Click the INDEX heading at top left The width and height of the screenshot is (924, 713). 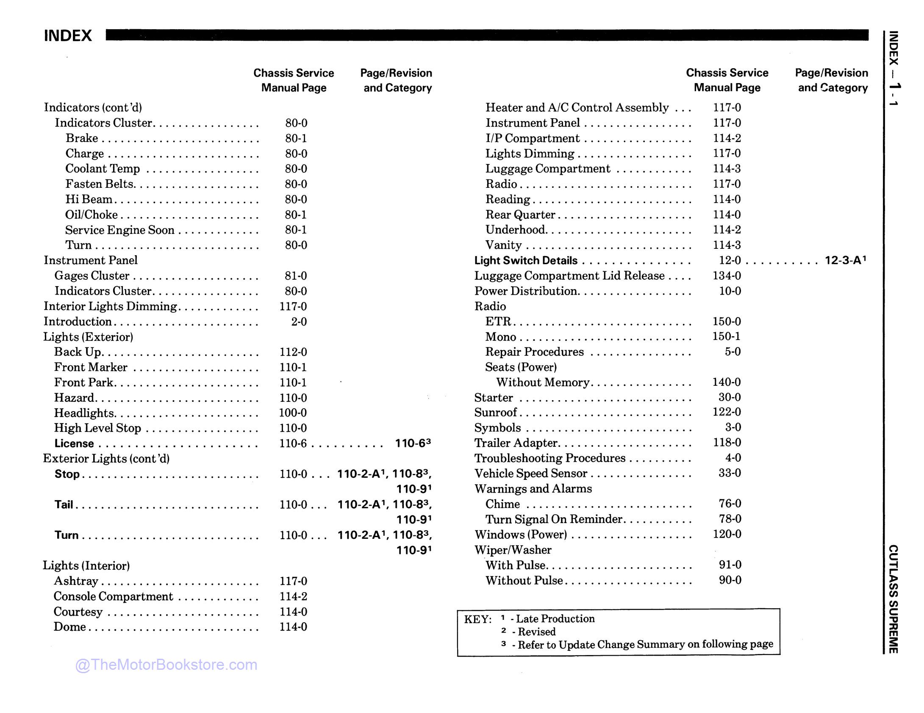[x=68, y=36]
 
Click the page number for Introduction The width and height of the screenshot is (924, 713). [x=299, y=322]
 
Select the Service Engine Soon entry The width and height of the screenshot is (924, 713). [x=119, y=230]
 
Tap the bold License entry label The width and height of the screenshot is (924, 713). [x=74, y=444]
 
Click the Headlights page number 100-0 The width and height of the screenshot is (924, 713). [x=293, y=413]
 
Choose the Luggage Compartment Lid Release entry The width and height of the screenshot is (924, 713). [x=569, y=276]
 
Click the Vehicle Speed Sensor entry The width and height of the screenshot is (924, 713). [x=530, y=473]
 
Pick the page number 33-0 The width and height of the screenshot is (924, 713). [x=730, y=473]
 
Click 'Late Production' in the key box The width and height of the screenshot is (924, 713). [x=555, y=619]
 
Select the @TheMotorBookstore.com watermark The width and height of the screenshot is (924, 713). [x=166, y=665]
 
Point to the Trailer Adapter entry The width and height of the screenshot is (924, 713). [x=516, y=443]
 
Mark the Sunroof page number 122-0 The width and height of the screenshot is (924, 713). [x=727, y=412]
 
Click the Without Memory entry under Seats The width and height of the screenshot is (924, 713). [x=543, y=382]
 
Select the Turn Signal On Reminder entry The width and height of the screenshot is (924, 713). [x=553, y=519]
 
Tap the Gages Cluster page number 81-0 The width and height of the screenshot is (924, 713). [x=296, y=276]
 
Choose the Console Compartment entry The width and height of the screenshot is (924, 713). [x=113, y=596]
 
